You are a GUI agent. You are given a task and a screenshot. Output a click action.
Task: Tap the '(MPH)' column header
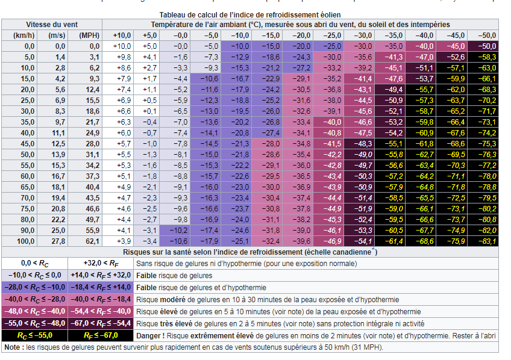click(89, 36)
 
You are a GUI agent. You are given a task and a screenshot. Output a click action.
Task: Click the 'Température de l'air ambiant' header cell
click(300, 25)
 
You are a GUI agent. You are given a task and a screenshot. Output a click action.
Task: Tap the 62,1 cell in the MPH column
click(89, 241)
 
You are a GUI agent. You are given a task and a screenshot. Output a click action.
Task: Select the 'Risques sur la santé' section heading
click(249, 252)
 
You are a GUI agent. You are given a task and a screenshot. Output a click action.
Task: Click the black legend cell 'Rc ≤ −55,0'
click(34, 335)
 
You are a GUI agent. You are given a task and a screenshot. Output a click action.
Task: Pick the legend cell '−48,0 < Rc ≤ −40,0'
click(34, 311)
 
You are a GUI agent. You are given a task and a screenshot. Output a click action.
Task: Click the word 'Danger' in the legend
click(149, 335)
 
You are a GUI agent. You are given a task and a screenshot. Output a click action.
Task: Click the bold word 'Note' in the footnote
click(12, 347)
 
